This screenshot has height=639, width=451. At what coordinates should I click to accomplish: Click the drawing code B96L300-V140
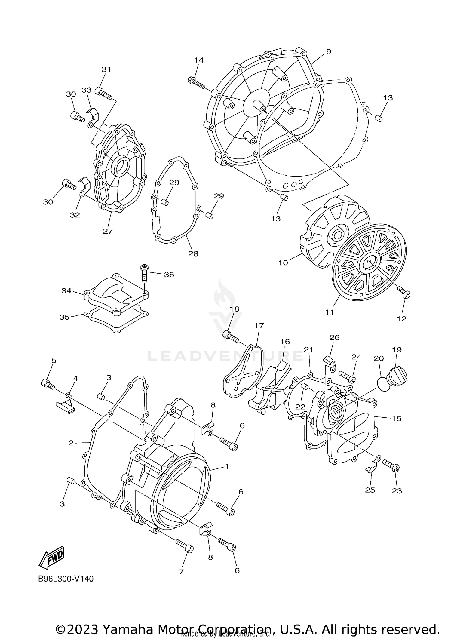click(x=66, y=579)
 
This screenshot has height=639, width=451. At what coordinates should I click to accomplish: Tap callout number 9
click(x=328, y=52)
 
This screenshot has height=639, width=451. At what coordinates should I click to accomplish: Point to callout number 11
click(x=330, y=312)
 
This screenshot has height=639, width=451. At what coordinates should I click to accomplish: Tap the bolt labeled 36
click(x=144, y=272)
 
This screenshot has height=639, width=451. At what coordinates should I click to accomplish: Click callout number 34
click(x=66, y=291)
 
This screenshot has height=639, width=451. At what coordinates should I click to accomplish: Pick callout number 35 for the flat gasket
click(x=64, y=317)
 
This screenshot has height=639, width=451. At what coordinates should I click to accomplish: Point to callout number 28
click(x=193, y=253)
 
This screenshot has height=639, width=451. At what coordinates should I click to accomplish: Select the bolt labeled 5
click(x=48, y=384)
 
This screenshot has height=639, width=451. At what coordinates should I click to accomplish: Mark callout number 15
click(x=397, y=418)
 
